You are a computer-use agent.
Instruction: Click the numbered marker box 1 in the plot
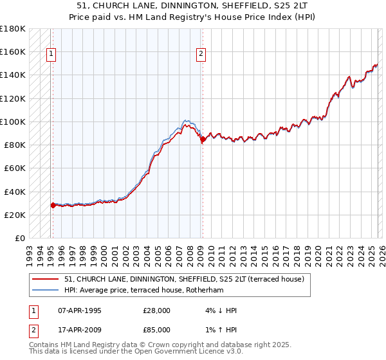point(51,55)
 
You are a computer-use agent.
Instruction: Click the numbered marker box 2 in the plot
point(201,55)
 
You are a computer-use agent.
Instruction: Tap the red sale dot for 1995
point(53,205)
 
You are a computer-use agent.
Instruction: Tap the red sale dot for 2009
point(203,138)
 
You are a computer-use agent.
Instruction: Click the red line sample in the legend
point(46,278)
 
